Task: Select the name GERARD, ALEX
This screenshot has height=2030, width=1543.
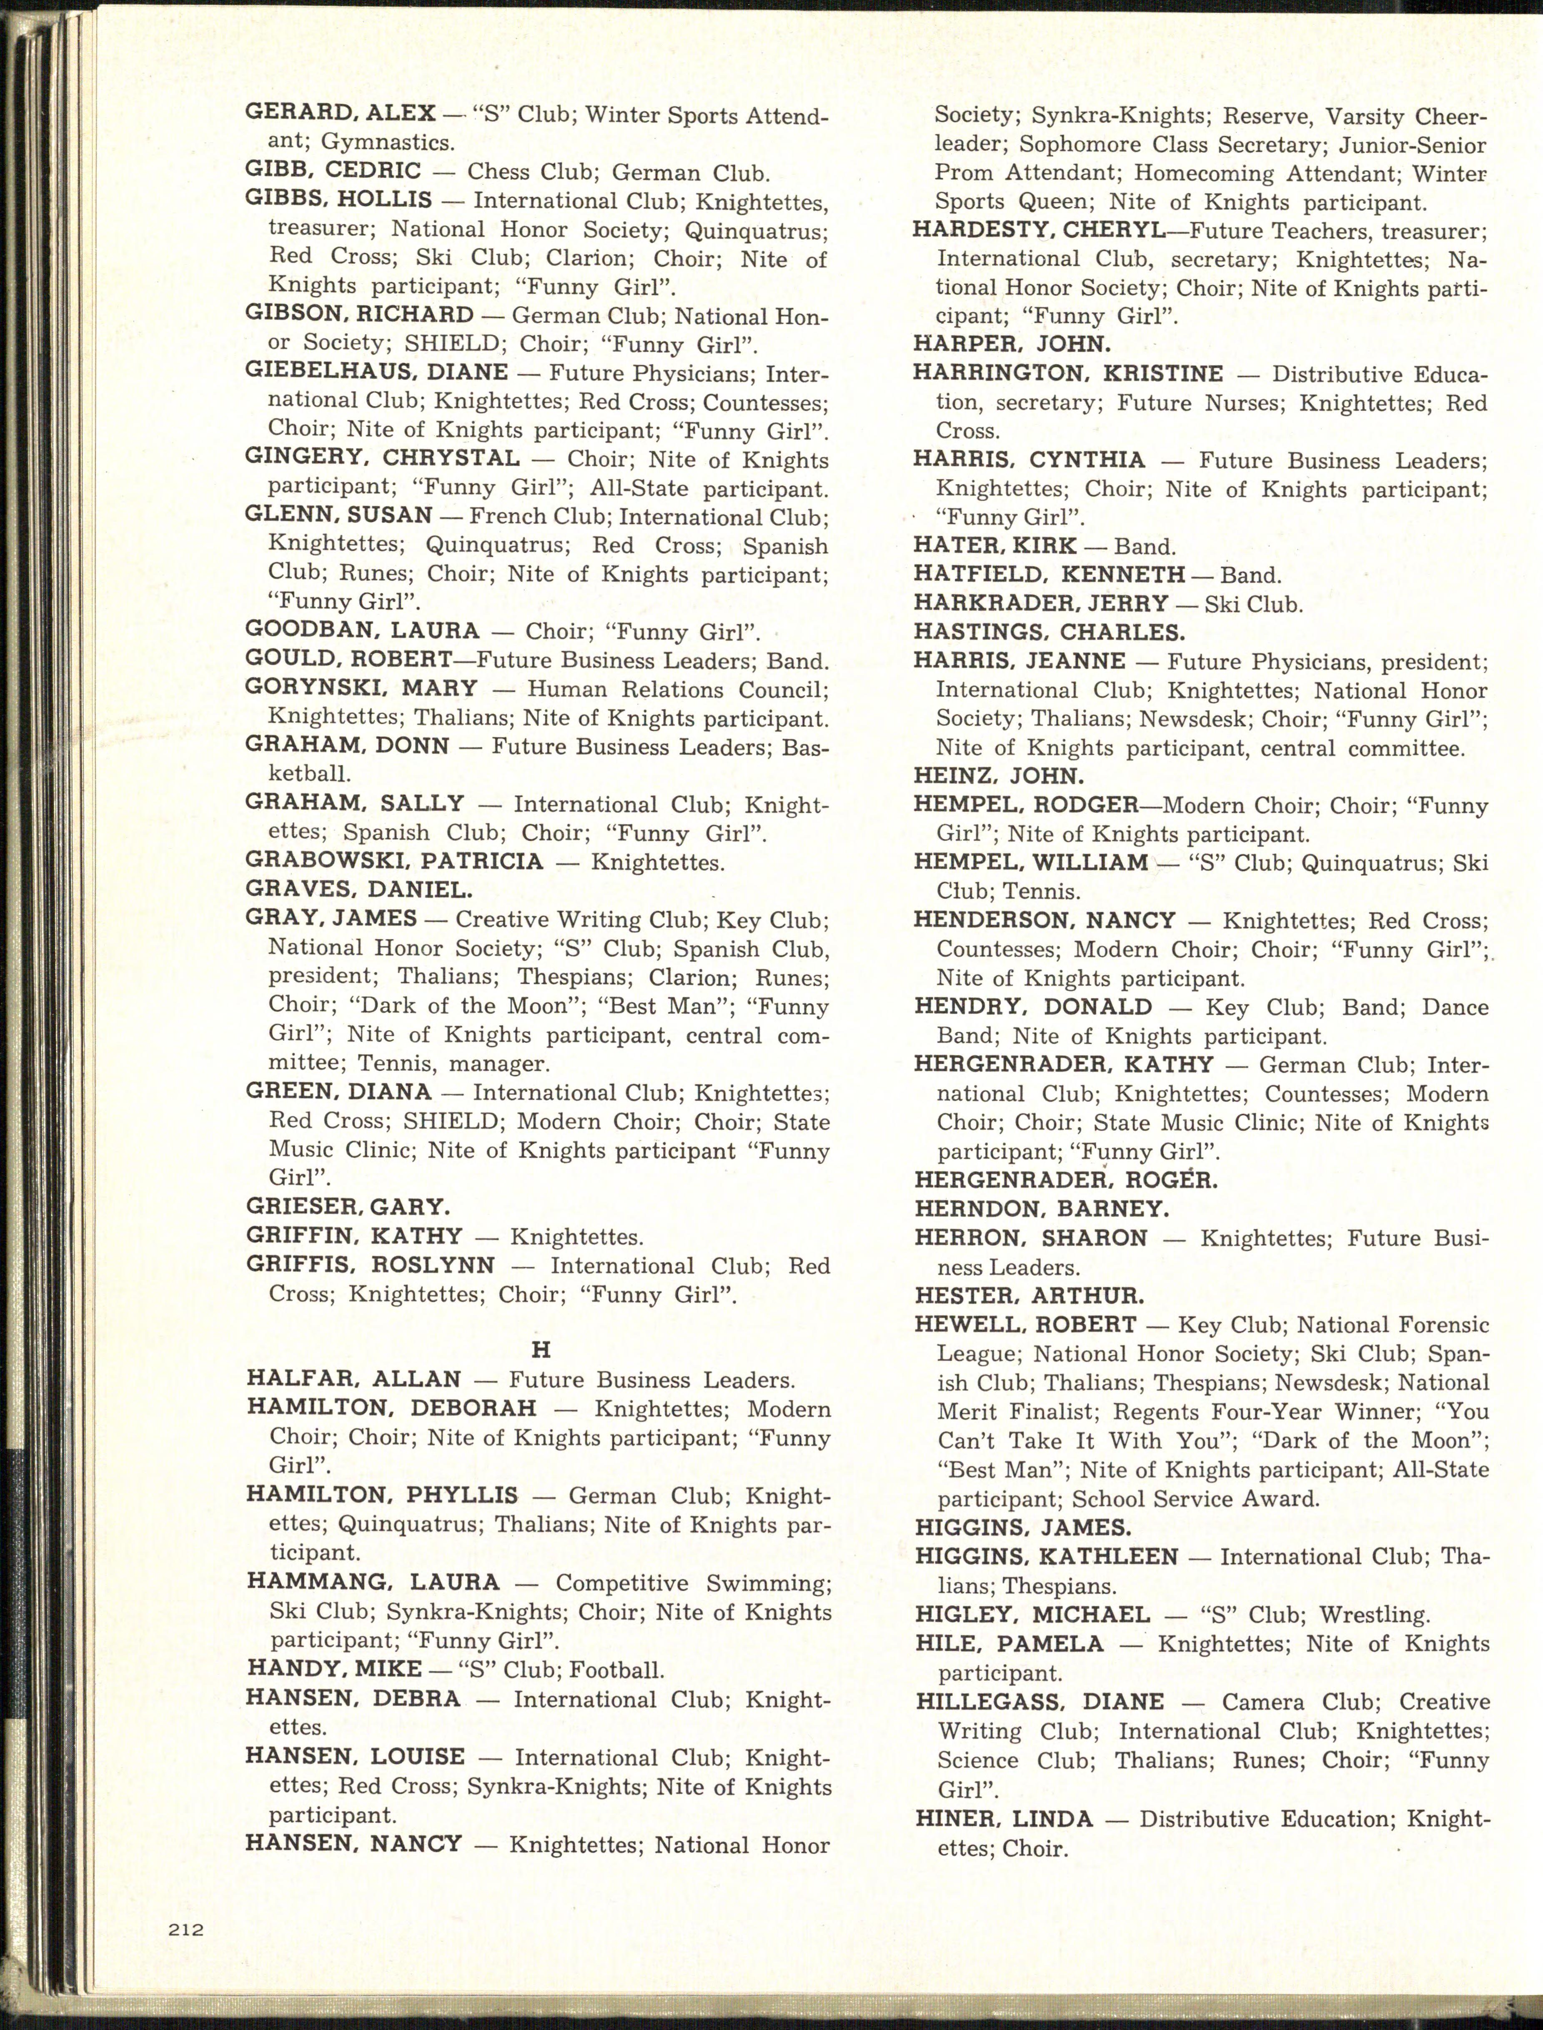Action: click(x=340, y=113)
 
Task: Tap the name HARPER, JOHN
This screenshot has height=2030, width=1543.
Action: click(x=1011, y=344)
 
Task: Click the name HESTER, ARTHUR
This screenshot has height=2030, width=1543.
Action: click(x=1029, y=1295)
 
